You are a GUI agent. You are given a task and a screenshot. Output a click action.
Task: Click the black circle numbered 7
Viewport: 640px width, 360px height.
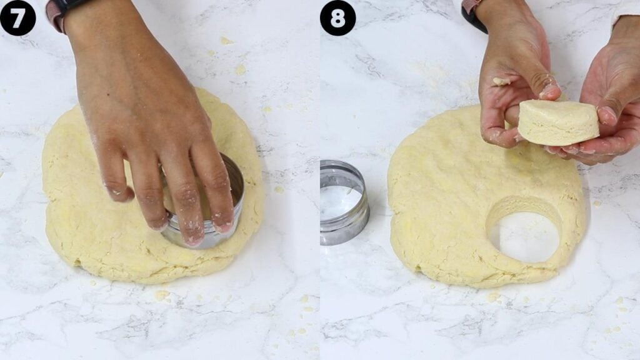(x=17, y=17)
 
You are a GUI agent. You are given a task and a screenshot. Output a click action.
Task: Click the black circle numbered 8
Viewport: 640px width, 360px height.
(x=337, y=17)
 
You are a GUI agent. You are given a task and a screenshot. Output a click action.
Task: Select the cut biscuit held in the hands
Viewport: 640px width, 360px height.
(x=557, y=123)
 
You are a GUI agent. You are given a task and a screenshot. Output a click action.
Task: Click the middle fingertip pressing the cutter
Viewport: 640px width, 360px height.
(x=193, y=235)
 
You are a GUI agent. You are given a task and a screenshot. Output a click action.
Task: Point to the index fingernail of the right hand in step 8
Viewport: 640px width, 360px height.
(x=607, y=114)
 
